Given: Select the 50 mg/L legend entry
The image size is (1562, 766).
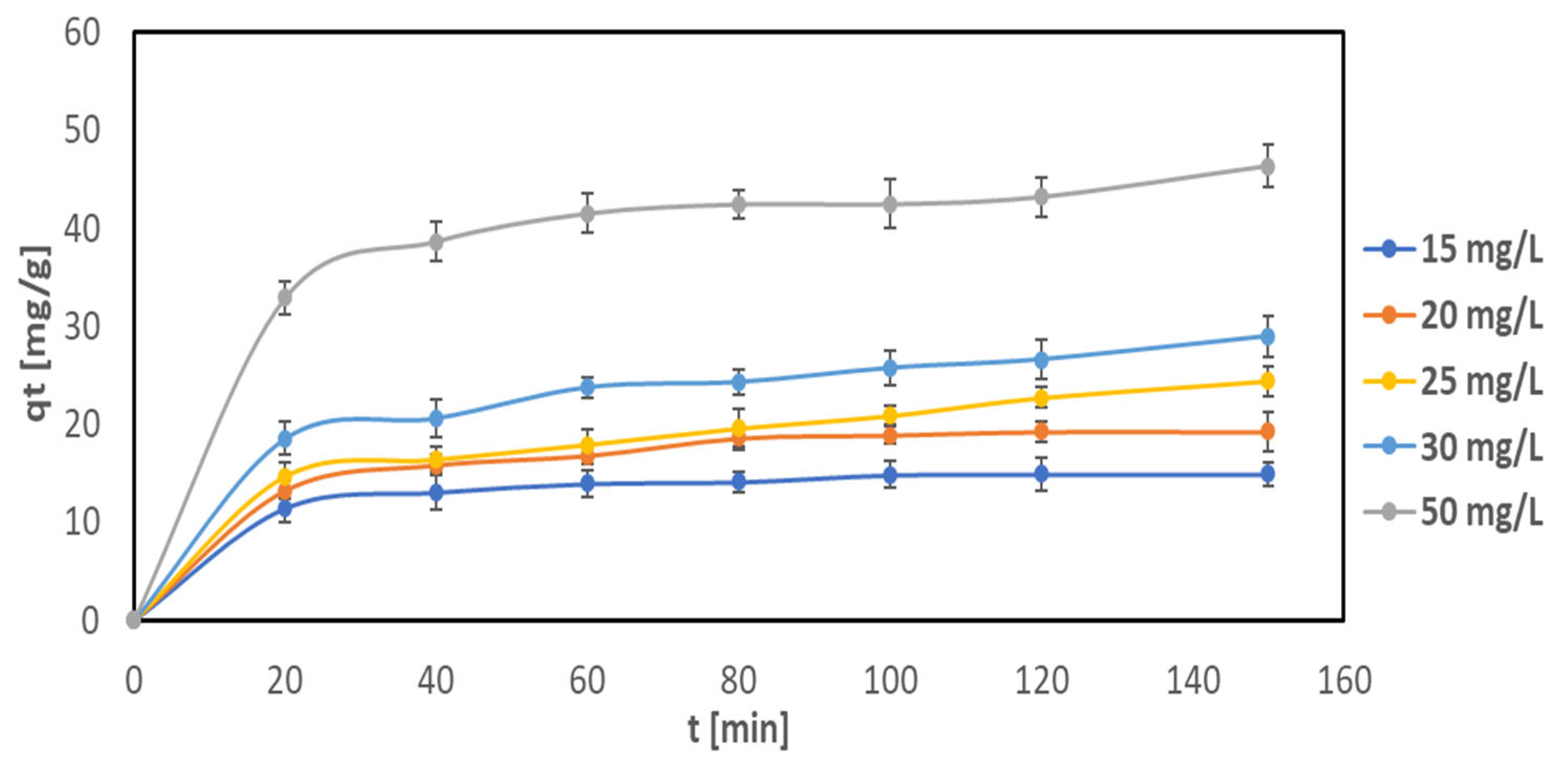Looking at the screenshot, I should (x=1452, y=513).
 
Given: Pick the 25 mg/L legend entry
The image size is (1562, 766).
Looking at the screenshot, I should (x=1452, y=381).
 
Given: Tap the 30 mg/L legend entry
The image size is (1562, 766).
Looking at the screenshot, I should (x=1452, y=448).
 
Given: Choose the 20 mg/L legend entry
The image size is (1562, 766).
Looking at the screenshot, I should (x=1452, y=315).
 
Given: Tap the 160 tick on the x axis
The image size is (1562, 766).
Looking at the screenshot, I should (x=1344, y=680).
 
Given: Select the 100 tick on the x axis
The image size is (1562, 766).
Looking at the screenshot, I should (x=889, y=680).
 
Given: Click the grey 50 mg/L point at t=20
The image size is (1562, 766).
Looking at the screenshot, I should (x=285, y=297).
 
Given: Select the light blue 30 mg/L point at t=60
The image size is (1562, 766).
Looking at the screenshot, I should (x=587, y=387).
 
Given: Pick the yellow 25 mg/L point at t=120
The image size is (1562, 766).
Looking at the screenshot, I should (x=1041, y=398).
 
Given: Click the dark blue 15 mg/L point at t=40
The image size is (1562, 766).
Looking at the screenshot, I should (x=436, y=493).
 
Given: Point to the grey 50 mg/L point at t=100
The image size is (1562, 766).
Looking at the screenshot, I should (x=889, y=205).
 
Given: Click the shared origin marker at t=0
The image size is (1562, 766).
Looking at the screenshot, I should (x=133, y=620).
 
